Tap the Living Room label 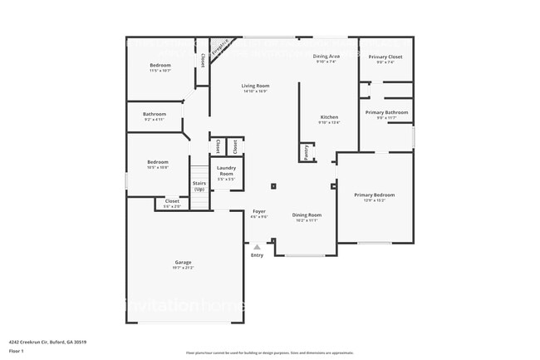[255, 86]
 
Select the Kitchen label [329, 116]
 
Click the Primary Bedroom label [370, 195]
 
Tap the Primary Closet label [385, 57]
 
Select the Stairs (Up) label [199, 185]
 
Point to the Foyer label [259, 212]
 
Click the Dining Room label [307, 215]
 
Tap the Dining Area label [326, 56]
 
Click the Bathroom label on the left [155, 114]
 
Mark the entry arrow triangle [258, 247]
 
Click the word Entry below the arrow [257, 255]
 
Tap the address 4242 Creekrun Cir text [48, 342]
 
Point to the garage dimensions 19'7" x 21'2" [182, 268]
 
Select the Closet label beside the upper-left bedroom [203, 61]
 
